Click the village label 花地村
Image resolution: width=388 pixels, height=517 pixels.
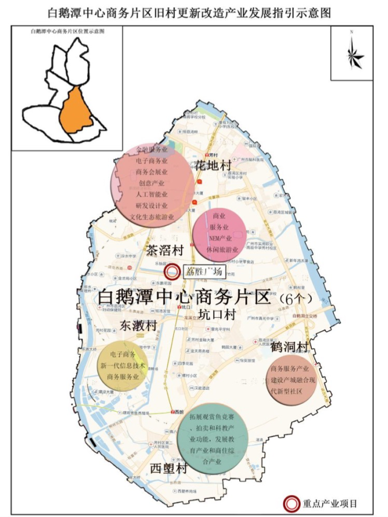tap(213, 165)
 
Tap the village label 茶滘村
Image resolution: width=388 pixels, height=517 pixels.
tap(164, 249)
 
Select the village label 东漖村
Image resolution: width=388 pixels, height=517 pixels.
tap(137, 325)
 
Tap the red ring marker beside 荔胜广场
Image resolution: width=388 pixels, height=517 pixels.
tap(173, 272)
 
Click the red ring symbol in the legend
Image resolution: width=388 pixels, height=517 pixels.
tap(292, 502)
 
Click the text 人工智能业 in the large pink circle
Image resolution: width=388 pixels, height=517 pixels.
tap(152, 194)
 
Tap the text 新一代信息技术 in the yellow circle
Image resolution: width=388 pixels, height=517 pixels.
tap(123, 365)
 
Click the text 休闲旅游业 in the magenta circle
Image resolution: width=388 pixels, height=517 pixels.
tap(219, 249)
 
